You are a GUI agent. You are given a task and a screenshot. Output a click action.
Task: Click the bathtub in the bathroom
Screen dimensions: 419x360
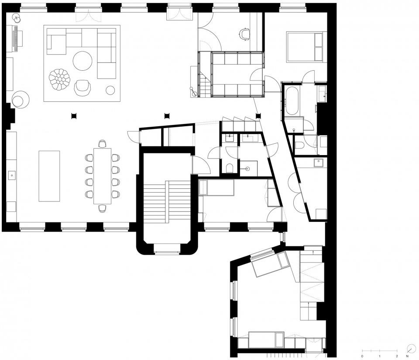(291, 101)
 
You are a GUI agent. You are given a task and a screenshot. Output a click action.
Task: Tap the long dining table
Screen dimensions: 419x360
(102, 176)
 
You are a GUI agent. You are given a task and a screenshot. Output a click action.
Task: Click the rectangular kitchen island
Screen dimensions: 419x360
(49, 176)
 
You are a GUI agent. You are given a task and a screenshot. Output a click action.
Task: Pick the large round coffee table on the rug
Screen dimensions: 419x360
(82, 61)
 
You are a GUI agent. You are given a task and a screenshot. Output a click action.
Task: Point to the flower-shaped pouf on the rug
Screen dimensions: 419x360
(59, 79)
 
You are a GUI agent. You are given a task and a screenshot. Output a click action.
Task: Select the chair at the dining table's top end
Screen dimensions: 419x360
(102, 144)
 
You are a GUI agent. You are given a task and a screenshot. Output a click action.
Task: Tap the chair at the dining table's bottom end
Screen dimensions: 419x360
(102, 208)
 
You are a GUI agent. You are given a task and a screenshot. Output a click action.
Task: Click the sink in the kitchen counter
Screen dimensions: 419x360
(12, 176)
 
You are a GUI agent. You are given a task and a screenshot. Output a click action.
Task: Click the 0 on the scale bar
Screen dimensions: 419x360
(362, 356)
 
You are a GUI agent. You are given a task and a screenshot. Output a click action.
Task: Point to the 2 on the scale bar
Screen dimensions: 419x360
(397, 356)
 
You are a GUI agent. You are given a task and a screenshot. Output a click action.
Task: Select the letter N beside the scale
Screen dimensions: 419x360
(407, 356)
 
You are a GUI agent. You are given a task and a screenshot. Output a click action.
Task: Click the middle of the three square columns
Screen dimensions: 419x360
(167, 116)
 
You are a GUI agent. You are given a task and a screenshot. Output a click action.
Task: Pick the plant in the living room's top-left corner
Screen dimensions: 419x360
(17, 18)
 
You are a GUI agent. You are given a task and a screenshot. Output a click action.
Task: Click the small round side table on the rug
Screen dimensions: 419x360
(110, 90)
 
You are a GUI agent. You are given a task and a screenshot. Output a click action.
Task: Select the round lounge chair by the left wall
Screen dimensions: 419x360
(21, 100)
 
